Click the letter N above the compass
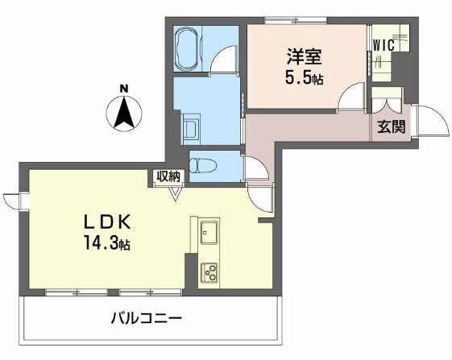[123, 89]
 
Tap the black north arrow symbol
[123, 113]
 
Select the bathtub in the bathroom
[189, 50]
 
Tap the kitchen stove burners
[209, 271]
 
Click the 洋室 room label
[304, 56]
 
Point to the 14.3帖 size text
[104, 243]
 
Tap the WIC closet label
[384, 45]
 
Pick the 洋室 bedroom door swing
[351, 98]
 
